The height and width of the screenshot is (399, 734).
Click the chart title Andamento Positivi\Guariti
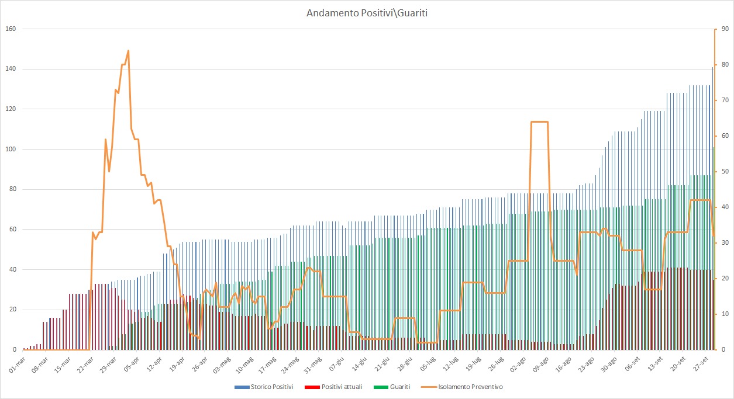(x=367, y=13)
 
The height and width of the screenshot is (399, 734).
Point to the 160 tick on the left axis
(x=10, y=29)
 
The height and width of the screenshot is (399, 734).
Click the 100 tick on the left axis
(x=10, y=149)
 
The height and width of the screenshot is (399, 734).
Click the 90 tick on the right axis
(x=724, y=29)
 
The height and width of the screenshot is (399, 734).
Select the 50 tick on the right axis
(x=724, y=172)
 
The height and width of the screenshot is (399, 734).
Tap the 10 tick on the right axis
(x=724, y=314)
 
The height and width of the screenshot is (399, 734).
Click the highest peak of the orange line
(x=128, y=51)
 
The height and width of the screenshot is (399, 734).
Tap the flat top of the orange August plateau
(x=539, y=122)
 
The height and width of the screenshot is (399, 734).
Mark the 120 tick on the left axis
(x=10, y=109)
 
